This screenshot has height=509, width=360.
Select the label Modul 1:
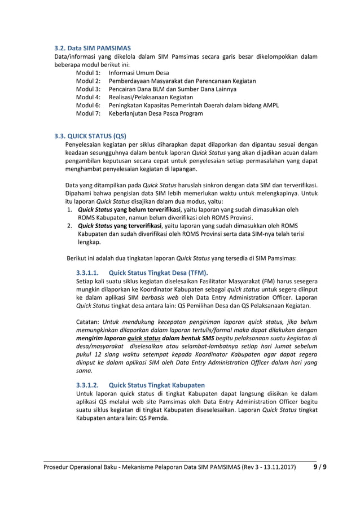tap(88, 73)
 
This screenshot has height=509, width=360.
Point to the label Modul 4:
tap(88, 96)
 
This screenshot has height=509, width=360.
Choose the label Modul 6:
tap(88, 105)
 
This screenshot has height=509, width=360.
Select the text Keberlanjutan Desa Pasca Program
tap(156, 113)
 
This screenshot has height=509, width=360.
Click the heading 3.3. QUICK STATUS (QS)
tap(90, 136)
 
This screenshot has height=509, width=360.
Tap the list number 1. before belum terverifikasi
tap(69, 209)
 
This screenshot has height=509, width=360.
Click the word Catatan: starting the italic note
tap(89, 322)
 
